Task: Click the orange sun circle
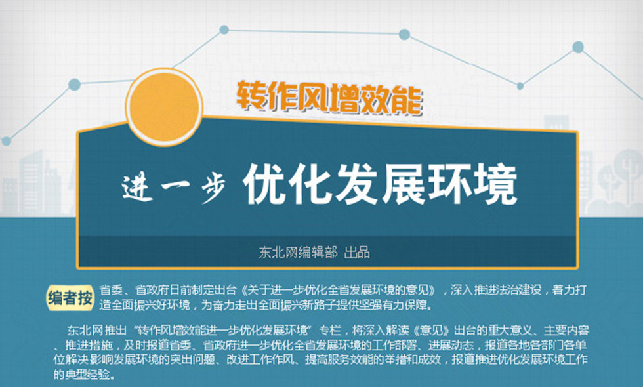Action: [164, 107]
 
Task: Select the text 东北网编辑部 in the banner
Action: [298, 252]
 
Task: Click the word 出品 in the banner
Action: [357, 252]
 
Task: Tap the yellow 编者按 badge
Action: [70, 297]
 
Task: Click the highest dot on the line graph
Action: [224, 30]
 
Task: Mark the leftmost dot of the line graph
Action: [6, 141]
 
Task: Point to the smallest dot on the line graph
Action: [520, 86]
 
